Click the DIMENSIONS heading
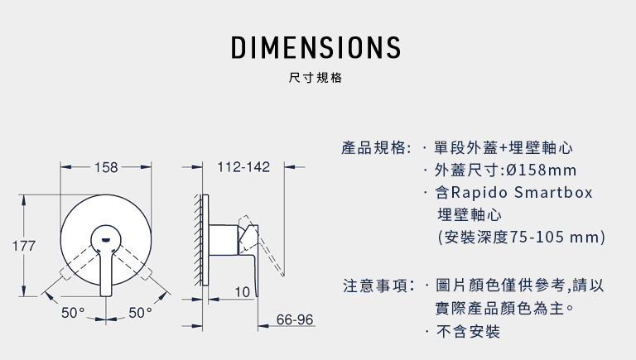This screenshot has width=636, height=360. click(x=316, y=47)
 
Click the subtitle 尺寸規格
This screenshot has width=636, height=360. click(x=316, y=78)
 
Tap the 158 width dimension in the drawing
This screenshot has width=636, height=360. click(x=106, y=167)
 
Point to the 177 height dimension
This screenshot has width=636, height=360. click(x=24, y=246)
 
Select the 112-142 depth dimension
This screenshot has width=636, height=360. click(x=243, y=166)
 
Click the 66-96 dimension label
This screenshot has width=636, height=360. click(x=295, y=319)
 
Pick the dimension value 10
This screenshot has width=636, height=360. click(x=242, y=292)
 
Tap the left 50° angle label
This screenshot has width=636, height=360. click(x=73, y=313)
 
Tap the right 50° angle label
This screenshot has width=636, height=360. click(x=140, y=313)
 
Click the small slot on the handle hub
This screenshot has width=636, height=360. click(x=106, y=240)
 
